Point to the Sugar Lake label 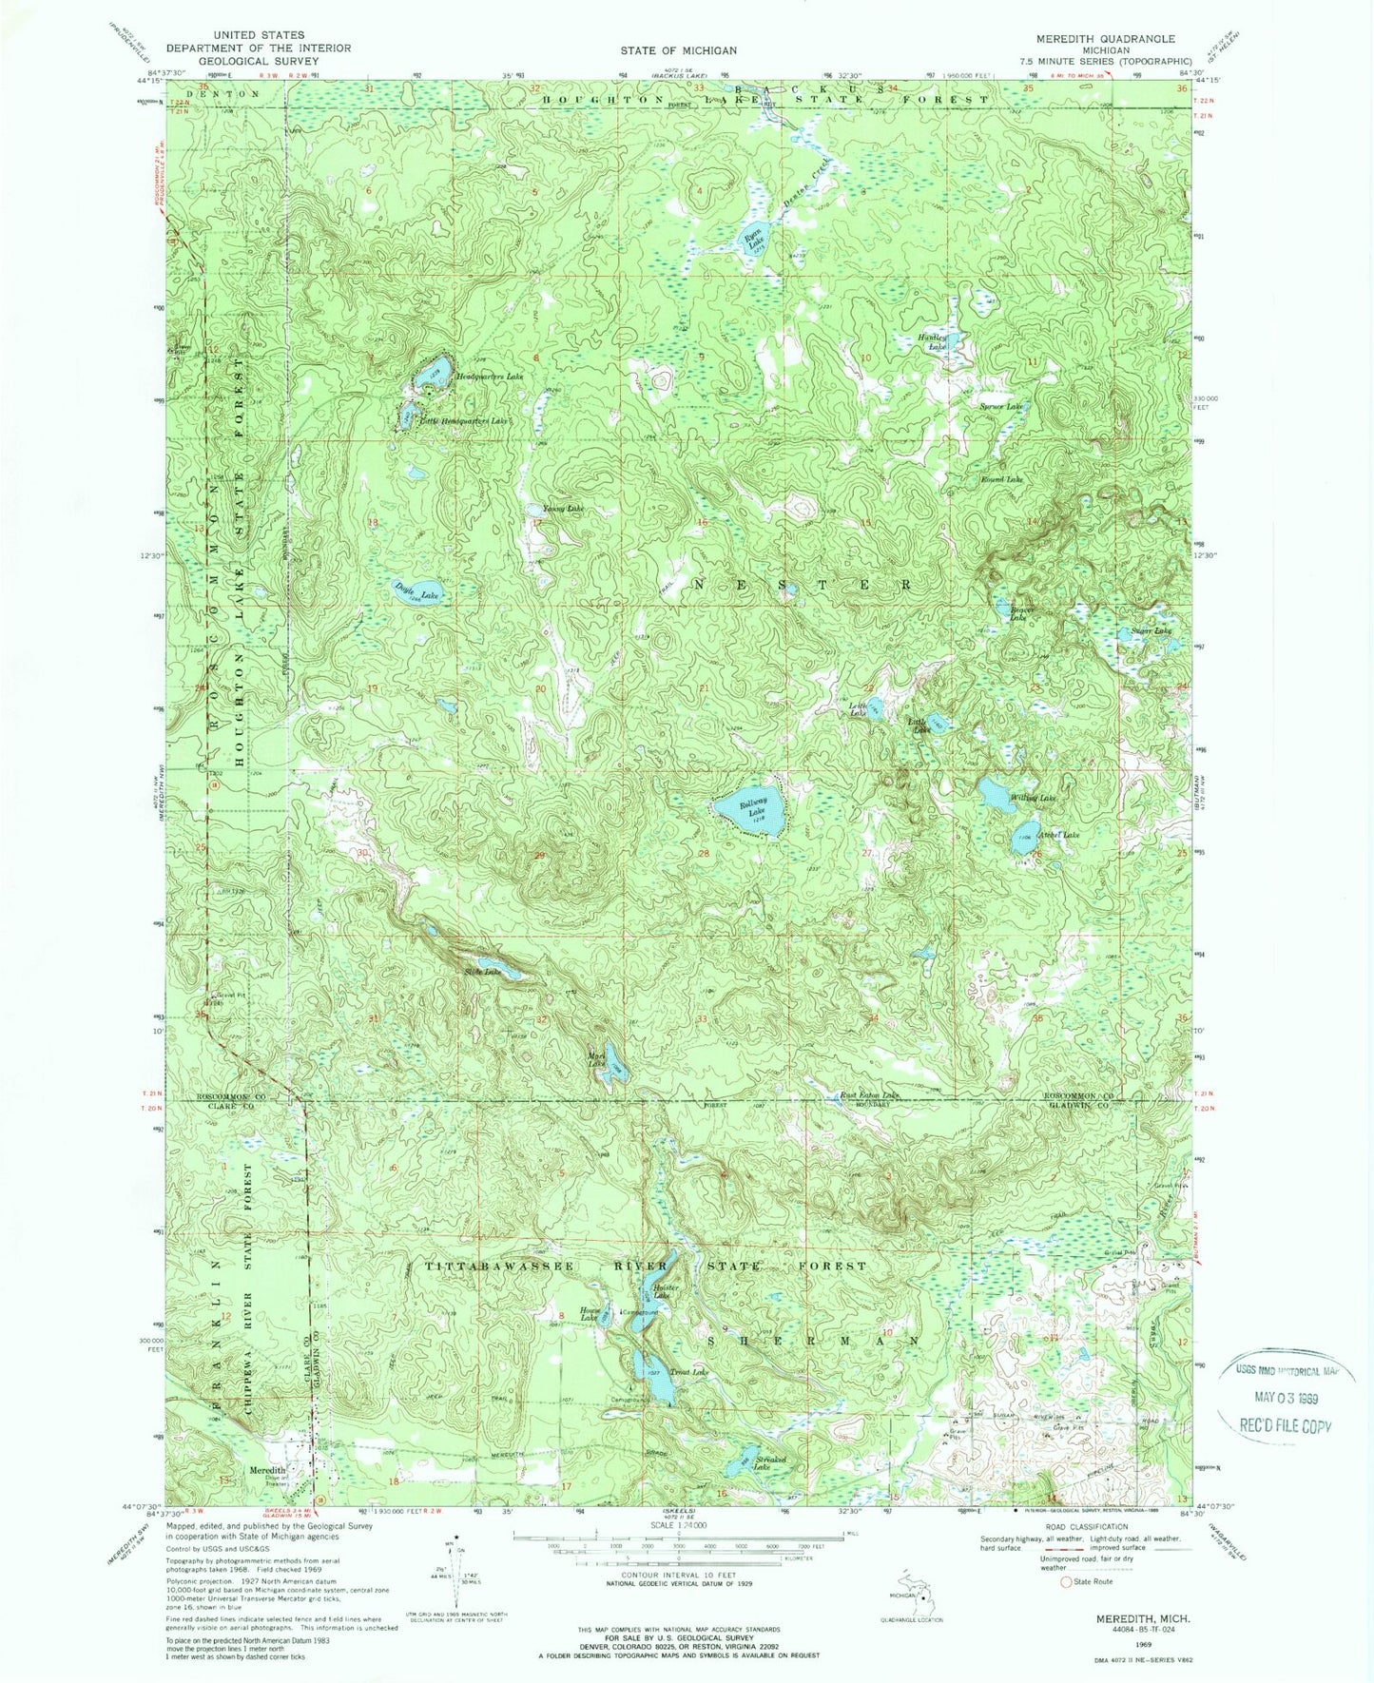coord(1150,630)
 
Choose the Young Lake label coord(563,510)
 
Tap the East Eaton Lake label coord(869,1096)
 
